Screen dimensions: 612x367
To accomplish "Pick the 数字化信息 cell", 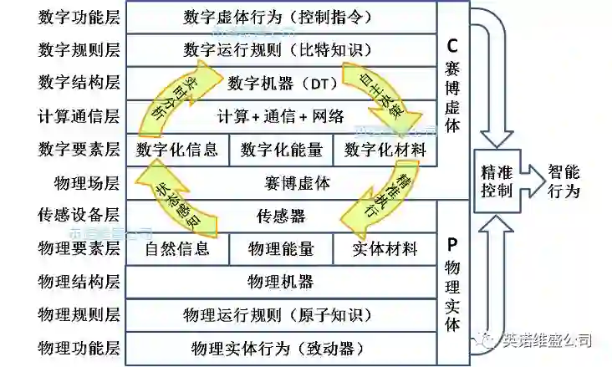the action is tap(176, 150).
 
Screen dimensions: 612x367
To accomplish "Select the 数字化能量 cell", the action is tap(281, 150).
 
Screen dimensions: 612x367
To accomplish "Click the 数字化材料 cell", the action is tap(385, 150).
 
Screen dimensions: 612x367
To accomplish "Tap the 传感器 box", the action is tap(281, 215).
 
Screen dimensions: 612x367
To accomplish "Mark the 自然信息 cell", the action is tap(176, 248).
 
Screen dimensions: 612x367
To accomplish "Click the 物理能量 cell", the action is tap(281, 248).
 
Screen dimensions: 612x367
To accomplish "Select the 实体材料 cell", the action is tap(385, 248).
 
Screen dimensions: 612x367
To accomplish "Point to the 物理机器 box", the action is tap(281, 281).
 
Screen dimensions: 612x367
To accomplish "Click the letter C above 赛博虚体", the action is tap(452, 44).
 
